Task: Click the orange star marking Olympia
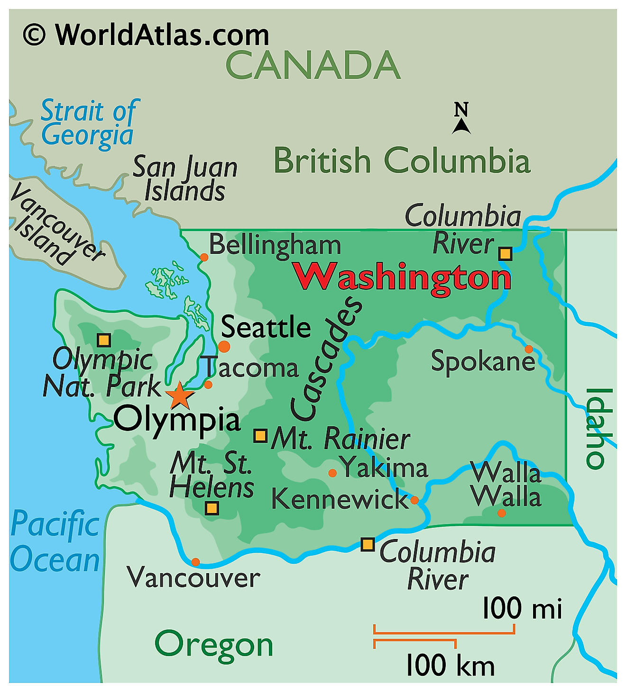tap(180, 396)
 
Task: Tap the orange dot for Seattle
tap(224, 347)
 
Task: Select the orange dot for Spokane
tap(528, 349)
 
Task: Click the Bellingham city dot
tap(204, 257)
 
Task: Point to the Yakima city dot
tap(332, 473)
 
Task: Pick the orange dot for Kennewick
tap(414, 500)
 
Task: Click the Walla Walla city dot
tap(501, 513)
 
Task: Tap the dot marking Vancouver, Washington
tap(195, 562)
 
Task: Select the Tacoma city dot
tap(208, 385)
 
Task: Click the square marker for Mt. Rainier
tap(260, 436)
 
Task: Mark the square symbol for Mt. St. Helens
tap(212, 509)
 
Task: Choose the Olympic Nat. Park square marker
tap(104, 340)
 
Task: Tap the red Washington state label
tap(402, 278)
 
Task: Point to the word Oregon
tap(214, 645)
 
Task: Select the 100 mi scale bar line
tap(444, 632)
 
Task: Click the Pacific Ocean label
tap(55, 542)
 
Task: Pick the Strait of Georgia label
tap(89, 123)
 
